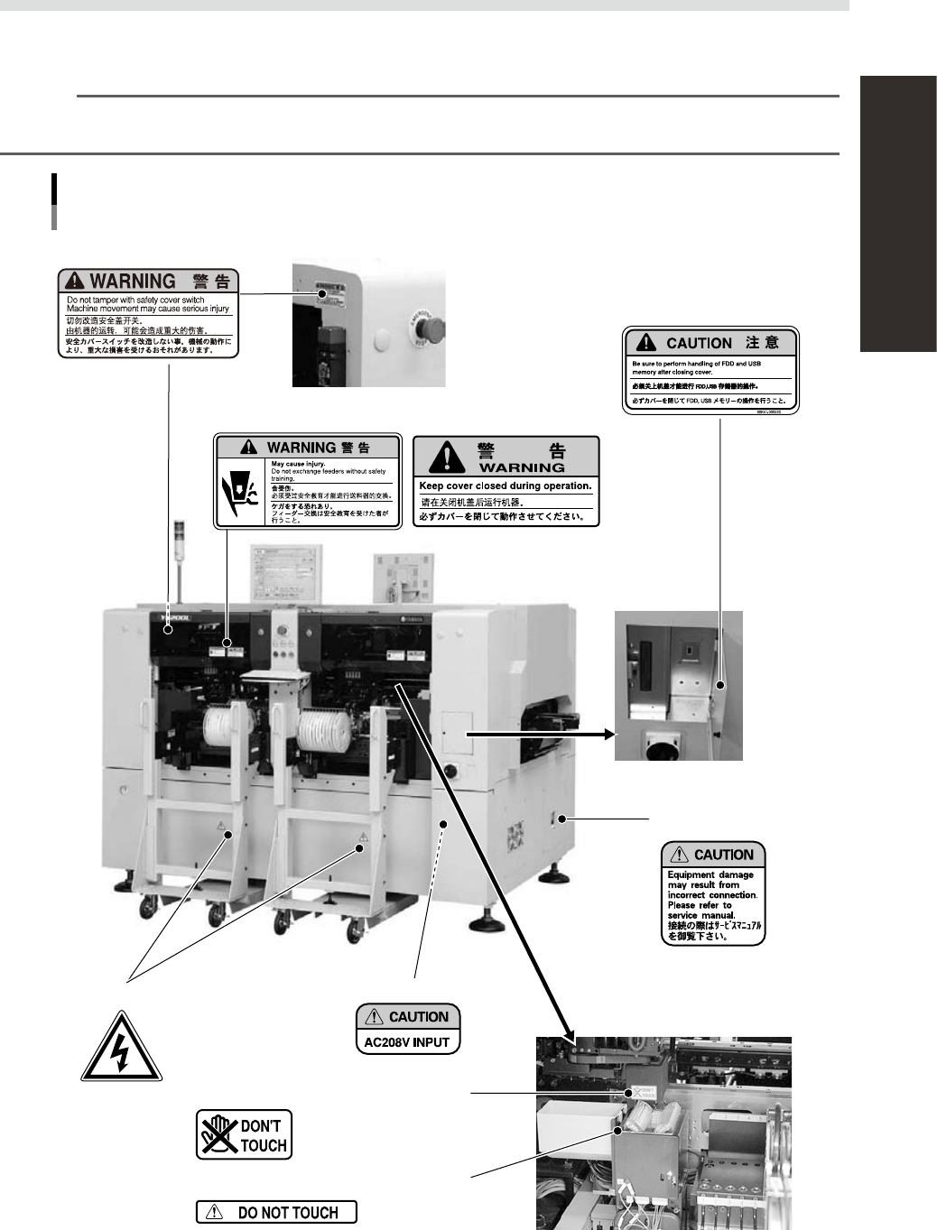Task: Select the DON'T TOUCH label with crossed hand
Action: tap(244, 1134)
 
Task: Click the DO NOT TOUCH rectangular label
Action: tap(276, 1213)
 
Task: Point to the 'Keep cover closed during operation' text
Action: tap(506, 486)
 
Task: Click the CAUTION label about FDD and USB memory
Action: tap(712, 371)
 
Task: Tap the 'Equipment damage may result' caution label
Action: tap(713, 893)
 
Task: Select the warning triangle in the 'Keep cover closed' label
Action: tap(448, 457)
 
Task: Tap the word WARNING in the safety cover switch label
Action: tap(132, 282)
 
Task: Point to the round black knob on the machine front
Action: tap(450, 771)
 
